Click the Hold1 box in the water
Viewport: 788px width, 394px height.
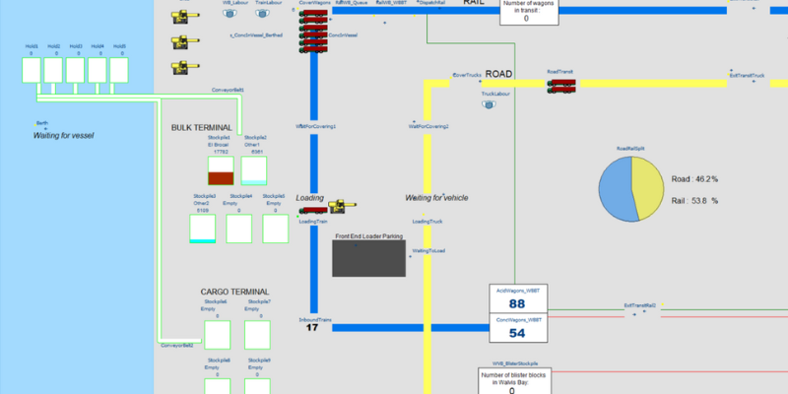[32, 70]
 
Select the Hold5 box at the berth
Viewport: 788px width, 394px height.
[119, 70]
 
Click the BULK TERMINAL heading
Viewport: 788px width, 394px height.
[201, 128]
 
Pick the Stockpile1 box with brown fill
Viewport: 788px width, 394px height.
[220, 170]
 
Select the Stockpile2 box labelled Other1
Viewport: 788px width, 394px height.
[254, 170]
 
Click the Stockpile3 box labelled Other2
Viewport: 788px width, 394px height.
[202, 229]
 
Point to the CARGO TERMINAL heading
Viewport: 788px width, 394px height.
[234, 293]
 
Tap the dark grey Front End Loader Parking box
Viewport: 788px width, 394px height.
[370, 258]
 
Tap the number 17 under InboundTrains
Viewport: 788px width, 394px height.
[312, 328]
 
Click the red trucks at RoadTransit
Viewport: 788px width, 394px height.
[559, 86]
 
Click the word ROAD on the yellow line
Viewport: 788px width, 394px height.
[499, 74]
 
